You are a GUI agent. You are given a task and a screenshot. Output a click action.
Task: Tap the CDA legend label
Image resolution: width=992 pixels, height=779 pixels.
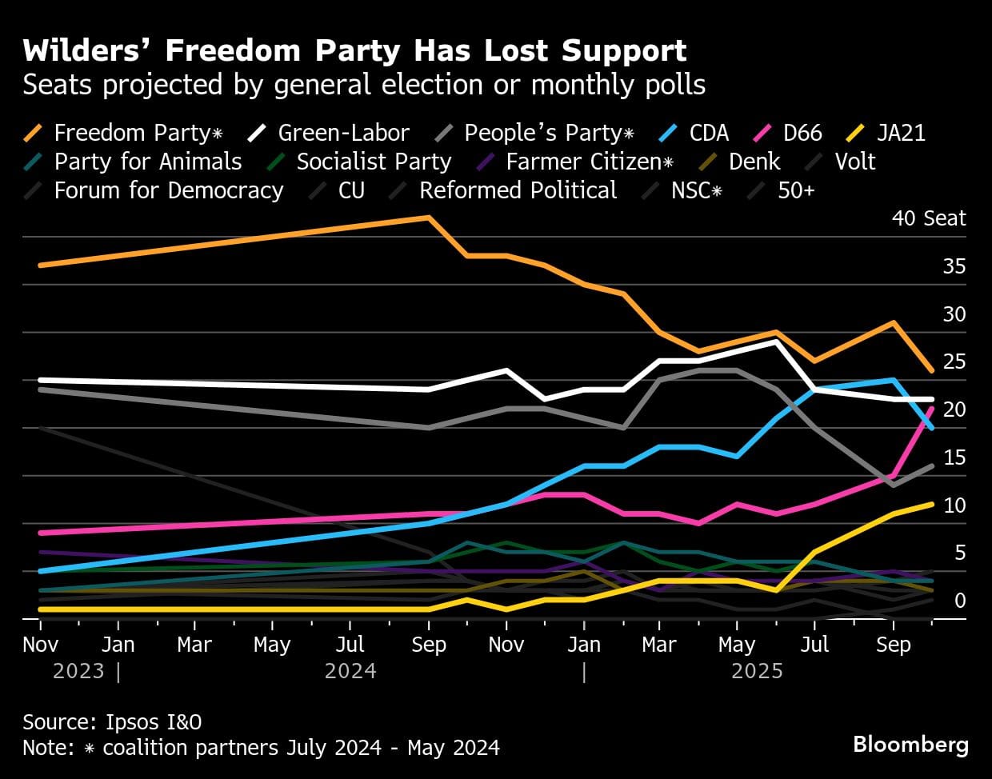pyautogui.click(x=709, y=133)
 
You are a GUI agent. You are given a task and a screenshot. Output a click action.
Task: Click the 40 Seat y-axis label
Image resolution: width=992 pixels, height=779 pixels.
pyautogui.click(x=929, y=218)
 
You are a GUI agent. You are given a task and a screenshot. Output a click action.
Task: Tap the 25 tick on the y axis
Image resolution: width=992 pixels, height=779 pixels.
pyautogui.click(x=954, y=362)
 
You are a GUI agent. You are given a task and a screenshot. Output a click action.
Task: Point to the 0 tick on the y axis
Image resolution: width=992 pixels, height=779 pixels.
pyautogui.click(x=960, y=601)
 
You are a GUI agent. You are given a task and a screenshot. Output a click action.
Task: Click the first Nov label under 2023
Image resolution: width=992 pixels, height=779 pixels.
pyautogui.click(x=40, y=645)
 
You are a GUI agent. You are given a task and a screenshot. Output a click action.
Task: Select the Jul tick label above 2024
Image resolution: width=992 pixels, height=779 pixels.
pyautogui.click(x=350, y=645)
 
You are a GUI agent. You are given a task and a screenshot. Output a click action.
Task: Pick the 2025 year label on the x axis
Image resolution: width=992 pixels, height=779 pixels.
pyautogui.click(x=757, y=670)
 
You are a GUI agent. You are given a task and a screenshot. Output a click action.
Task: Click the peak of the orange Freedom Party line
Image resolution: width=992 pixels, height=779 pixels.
pyautogui.click(x=430, y=218)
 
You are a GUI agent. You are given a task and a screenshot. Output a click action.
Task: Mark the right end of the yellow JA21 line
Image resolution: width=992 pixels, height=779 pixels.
pyautogui.click(x=931, y=504)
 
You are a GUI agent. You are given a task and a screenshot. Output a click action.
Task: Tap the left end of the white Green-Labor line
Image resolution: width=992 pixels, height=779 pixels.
pyautogui.click(x=40, y=380)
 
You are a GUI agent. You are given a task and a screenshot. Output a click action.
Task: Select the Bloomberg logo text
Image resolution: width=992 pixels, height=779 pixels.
pyautogui.click(x=910, y=745)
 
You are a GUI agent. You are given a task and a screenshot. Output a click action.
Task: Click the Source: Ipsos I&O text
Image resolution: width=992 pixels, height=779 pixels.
pyautogui.click(x=112, y=722)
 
